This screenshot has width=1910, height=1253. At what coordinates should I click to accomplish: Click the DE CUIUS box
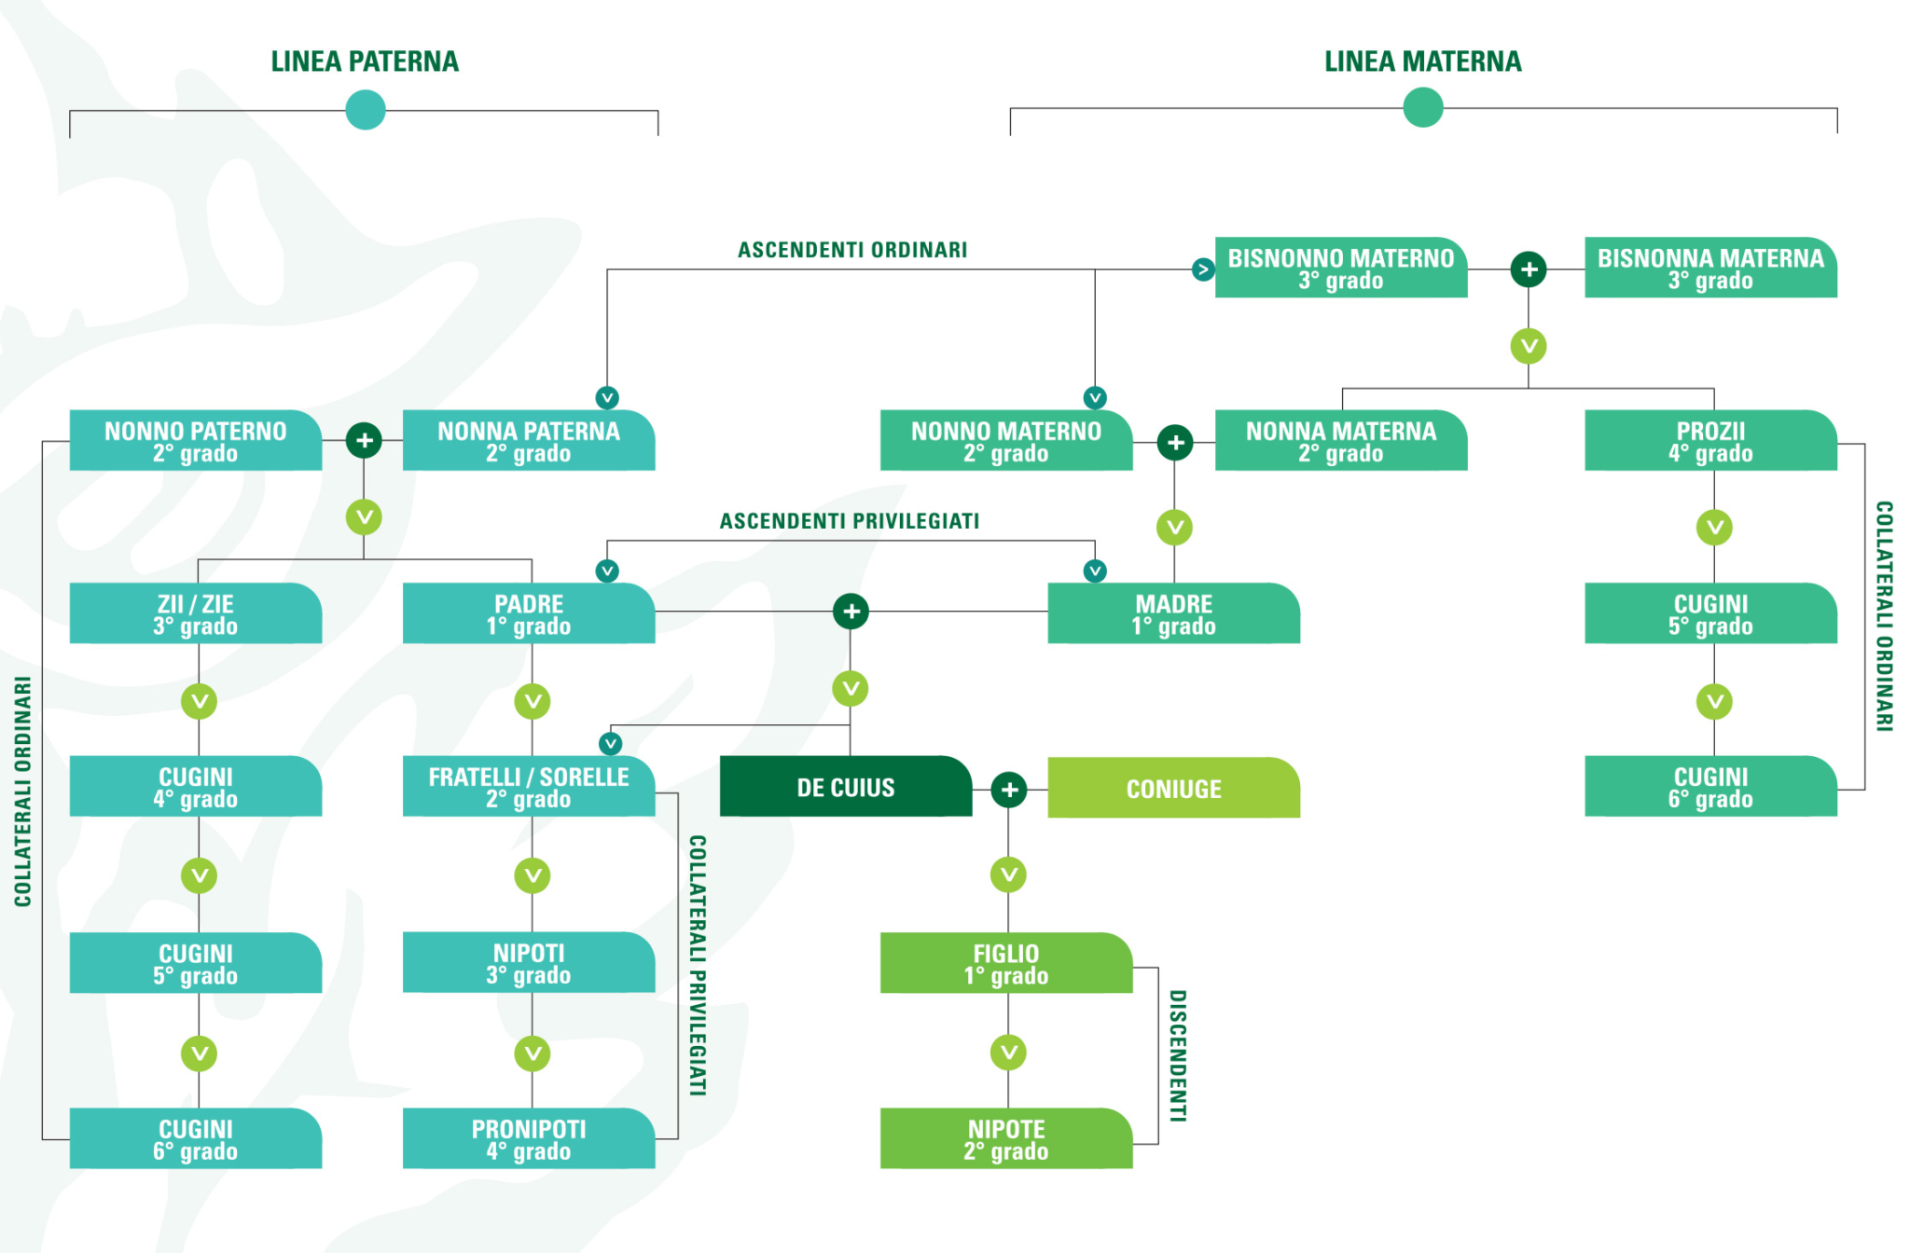click(x=845, y=787)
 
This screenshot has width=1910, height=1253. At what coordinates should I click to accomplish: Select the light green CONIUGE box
click(x=1173, y=789)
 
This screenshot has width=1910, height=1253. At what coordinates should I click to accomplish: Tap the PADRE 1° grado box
click(x=528, y=613)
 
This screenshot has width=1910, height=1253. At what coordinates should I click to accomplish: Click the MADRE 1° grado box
click(x=1173, y=613)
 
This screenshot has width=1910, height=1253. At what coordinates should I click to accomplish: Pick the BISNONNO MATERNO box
click(x=1340, y=268)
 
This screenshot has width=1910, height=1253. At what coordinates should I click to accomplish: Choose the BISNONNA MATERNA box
click(x=1709, y=268)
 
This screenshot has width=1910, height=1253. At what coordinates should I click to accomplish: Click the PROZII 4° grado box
click(x=1709, y=440)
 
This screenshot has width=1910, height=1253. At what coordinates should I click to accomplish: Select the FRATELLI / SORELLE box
click(x=528, y=787)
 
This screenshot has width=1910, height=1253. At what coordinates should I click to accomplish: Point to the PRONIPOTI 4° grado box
click(x=528, y=1138)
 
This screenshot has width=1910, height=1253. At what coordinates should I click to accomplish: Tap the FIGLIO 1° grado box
click(x=1005, y=963)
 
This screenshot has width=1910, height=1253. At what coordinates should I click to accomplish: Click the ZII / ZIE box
click(x=195, y=613)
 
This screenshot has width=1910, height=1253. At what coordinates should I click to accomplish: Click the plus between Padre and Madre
click(x=851, y=612)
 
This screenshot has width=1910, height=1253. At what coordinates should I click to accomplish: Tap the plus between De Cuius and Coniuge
click(x=1009, y=790)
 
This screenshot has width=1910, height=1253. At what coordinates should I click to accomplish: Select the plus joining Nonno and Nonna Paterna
click(x=364, y=440)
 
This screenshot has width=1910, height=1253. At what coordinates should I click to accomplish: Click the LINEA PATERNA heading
click(x=365, y=62)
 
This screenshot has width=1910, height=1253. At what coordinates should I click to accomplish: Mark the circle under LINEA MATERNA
click(x=1422, y=107)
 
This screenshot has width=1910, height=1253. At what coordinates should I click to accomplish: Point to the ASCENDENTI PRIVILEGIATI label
click(x=849, y=521)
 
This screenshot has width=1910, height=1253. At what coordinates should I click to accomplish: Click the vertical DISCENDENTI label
click(x=1178, y=1055)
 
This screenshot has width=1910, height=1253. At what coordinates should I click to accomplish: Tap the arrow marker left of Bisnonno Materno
click(x=1203, y=269)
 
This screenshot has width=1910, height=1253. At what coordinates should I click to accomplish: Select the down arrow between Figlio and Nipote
click(x=1008, y=1053)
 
